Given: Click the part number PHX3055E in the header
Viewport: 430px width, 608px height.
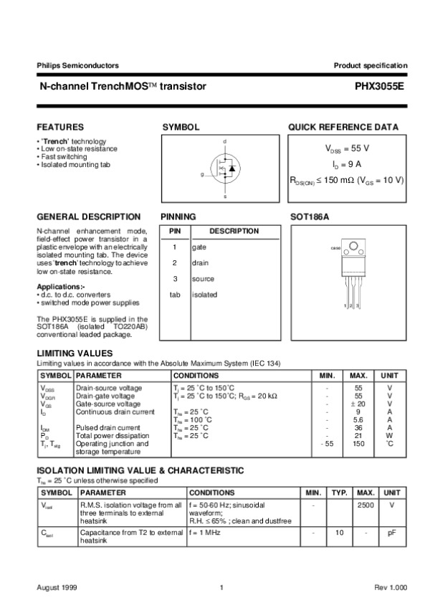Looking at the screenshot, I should [380, 86].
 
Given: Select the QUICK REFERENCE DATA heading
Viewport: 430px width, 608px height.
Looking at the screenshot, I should [343, 127].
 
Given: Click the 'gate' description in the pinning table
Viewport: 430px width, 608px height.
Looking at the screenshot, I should [199, 247].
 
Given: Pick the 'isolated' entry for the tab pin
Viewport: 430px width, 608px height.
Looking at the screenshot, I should [204, 295].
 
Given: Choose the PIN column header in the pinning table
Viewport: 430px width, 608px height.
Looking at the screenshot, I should [173, 231].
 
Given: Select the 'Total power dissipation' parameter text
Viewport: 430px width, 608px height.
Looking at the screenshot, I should [113, 436].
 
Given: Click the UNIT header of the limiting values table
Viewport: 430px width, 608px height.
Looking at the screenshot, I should [389, 375].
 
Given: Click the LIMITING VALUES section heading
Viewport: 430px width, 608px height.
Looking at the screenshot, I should [75, 353].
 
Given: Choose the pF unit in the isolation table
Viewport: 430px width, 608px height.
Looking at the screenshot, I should [391, 533].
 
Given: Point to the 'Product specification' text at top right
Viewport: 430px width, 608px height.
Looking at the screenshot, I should [371, 65].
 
